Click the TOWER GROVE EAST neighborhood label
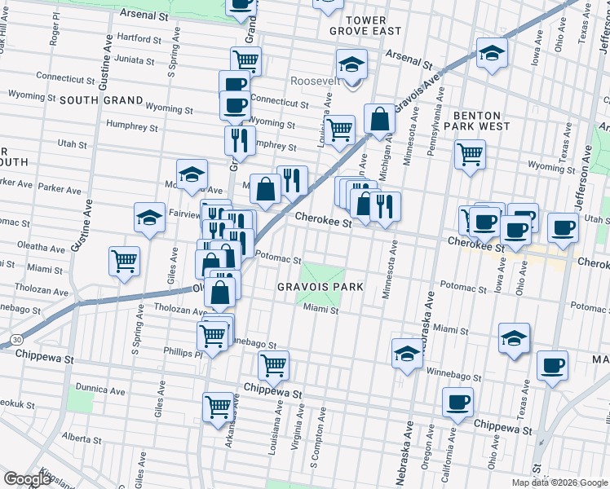click(x=365, y=24)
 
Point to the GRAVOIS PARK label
click(x=320, y=287)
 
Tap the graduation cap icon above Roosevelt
click(x=351, y=64)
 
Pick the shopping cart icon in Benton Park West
click(x=470, y=152)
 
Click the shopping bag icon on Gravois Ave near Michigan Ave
click(x=379, y=119)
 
